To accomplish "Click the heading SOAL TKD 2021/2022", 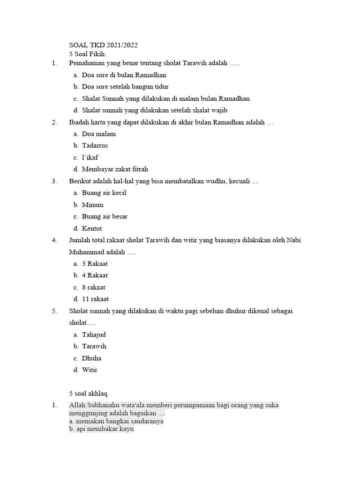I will [103, 45].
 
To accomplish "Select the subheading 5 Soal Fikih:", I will [88, 54].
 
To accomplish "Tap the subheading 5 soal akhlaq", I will [89, 393].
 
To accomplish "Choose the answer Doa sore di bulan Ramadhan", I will [124, 75].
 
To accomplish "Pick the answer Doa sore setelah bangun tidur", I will [125, 87].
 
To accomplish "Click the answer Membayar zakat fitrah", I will [115, 169].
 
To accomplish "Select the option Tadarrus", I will [95, 146].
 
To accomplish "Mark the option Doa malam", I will [98, 134].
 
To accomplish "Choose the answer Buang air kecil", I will [104, 193].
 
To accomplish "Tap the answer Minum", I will [93, 205].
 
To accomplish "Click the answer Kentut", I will [92, 229].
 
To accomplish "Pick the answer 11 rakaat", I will [96, 299].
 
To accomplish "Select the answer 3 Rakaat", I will [95, 264].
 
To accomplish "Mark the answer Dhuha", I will [91, 358].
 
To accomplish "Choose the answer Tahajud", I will [94, 335].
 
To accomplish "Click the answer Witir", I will [90, 370].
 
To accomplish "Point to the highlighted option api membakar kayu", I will [101, 429].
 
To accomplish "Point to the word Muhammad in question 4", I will [87, 252].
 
